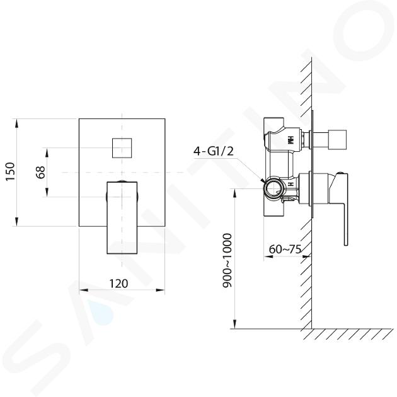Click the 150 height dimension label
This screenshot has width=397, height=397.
[x=10, y=171]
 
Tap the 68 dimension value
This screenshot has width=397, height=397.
[x=40, y=172]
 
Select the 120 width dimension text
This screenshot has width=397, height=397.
[x=118, y=284]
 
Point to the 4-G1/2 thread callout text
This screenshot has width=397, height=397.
[x=214, y=151]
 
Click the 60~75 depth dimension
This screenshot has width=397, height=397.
[x=285, y=249]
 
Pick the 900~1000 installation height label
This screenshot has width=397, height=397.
[x=227, y=260]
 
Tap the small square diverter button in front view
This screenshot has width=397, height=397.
[x=122, y=148]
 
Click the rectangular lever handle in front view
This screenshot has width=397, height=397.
[x=122, y=217]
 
